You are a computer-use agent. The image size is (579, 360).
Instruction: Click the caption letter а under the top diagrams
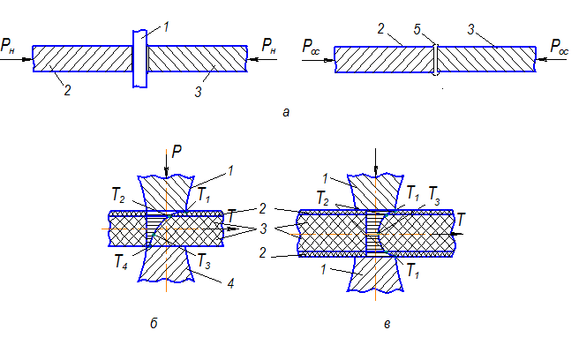click(283, 112)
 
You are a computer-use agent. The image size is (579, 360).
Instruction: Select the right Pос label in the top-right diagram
click(560, 44)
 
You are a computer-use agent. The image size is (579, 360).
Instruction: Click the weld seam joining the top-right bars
click(435, 59)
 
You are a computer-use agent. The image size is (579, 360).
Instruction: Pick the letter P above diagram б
click(177, 153)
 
